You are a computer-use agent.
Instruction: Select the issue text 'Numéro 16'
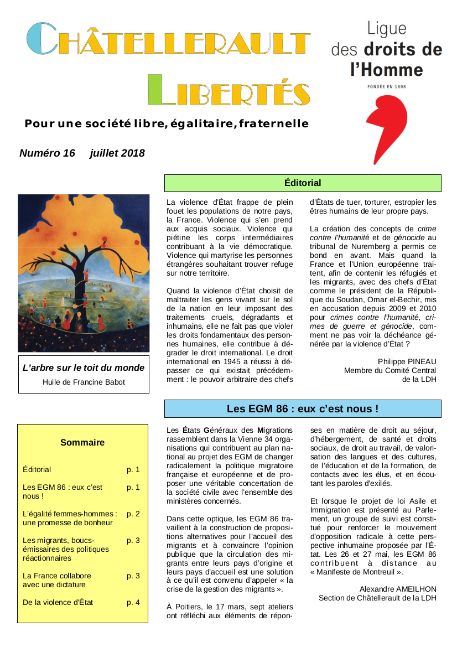(x=47, y=153)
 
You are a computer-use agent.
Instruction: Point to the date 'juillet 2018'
(x=117, y=153)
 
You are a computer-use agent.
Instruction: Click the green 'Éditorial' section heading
(x=302, y=183)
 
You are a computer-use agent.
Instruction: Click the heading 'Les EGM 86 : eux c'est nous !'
(x=302, y=409)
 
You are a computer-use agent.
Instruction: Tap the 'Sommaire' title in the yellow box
(x=82, y=443)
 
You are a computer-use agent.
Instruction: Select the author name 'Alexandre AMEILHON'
(x=398, y=589)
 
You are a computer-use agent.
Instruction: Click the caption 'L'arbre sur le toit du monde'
(x=84, y=368)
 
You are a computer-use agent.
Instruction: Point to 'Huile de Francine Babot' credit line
(x=84, y=382)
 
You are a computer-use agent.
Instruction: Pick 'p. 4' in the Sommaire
(x=133, y=602)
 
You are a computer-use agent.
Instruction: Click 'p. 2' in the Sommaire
(x=133, y=514)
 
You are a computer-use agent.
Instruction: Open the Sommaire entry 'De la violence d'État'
(x=58, y=602)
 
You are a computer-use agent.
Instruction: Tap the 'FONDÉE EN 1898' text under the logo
(x=386, y=87)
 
